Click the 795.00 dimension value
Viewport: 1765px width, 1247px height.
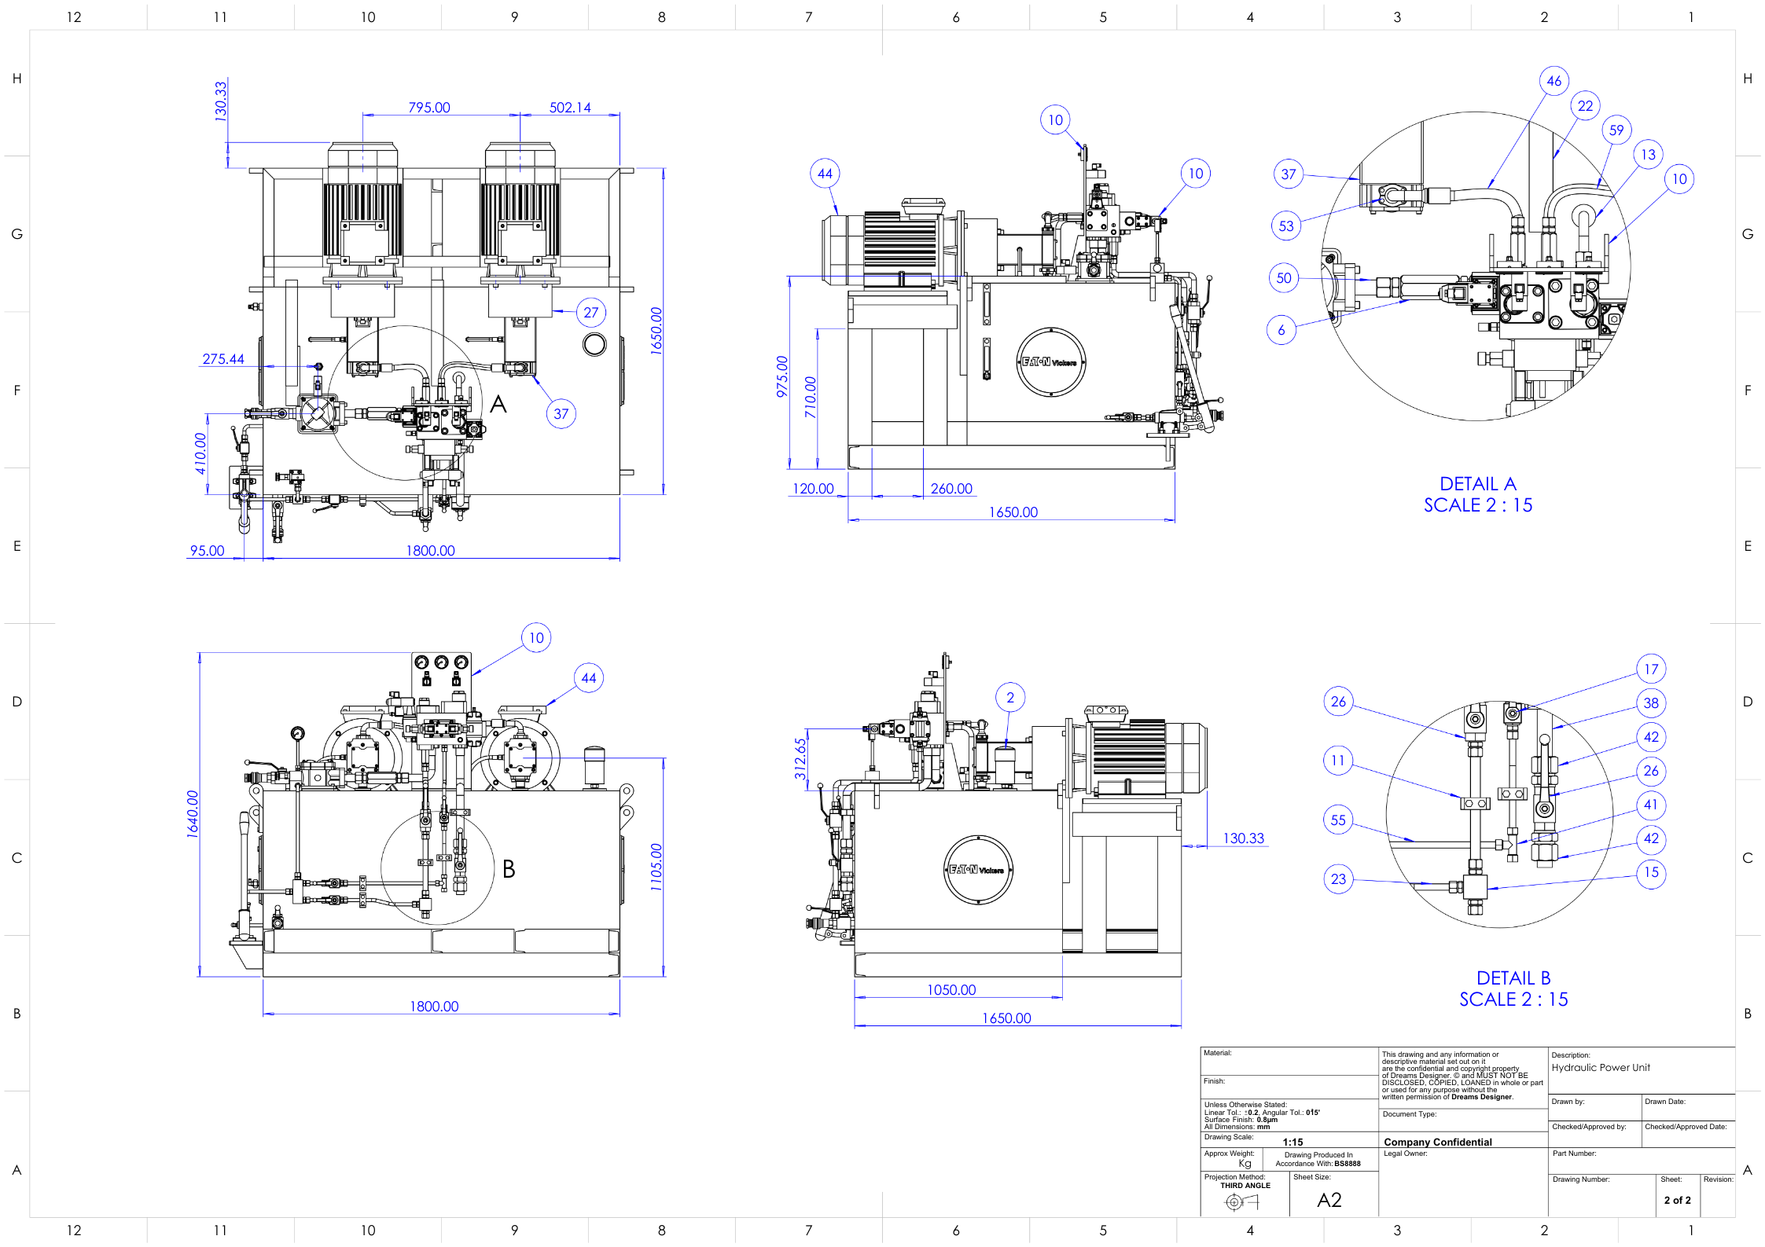pos(429,108)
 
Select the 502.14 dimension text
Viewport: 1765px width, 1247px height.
pos(570,108)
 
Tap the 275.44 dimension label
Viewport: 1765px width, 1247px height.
pos(223,359)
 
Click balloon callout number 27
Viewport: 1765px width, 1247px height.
pos(591,312)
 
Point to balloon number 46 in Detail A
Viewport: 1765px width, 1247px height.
pos(1554,81)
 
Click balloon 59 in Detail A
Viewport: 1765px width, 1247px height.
pos(1616,130)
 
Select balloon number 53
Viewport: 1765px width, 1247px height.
pos(1286,226)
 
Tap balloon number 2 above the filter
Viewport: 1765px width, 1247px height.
pos(1010,697)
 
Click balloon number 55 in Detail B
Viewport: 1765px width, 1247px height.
pos(1338,820)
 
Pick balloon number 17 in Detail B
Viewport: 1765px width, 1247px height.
pos(1651,669)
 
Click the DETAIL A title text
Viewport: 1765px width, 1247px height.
pos(1477,484)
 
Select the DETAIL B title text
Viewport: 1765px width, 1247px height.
pos(1513,978)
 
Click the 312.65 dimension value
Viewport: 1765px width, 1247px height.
pos(800,758)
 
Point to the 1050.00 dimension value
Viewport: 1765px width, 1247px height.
pos(951,990)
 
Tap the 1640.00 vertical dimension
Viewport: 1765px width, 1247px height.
pos(193,814)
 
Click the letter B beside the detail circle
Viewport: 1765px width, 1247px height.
pos(509,869)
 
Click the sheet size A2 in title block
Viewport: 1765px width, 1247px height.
pos(1329,1200)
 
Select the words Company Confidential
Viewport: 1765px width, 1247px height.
pos(1437,1142)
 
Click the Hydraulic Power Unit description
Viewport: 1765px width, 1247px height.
pos(1601,1068)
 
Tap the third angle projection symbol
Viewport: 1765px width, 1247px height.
pos(1242,1201)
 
